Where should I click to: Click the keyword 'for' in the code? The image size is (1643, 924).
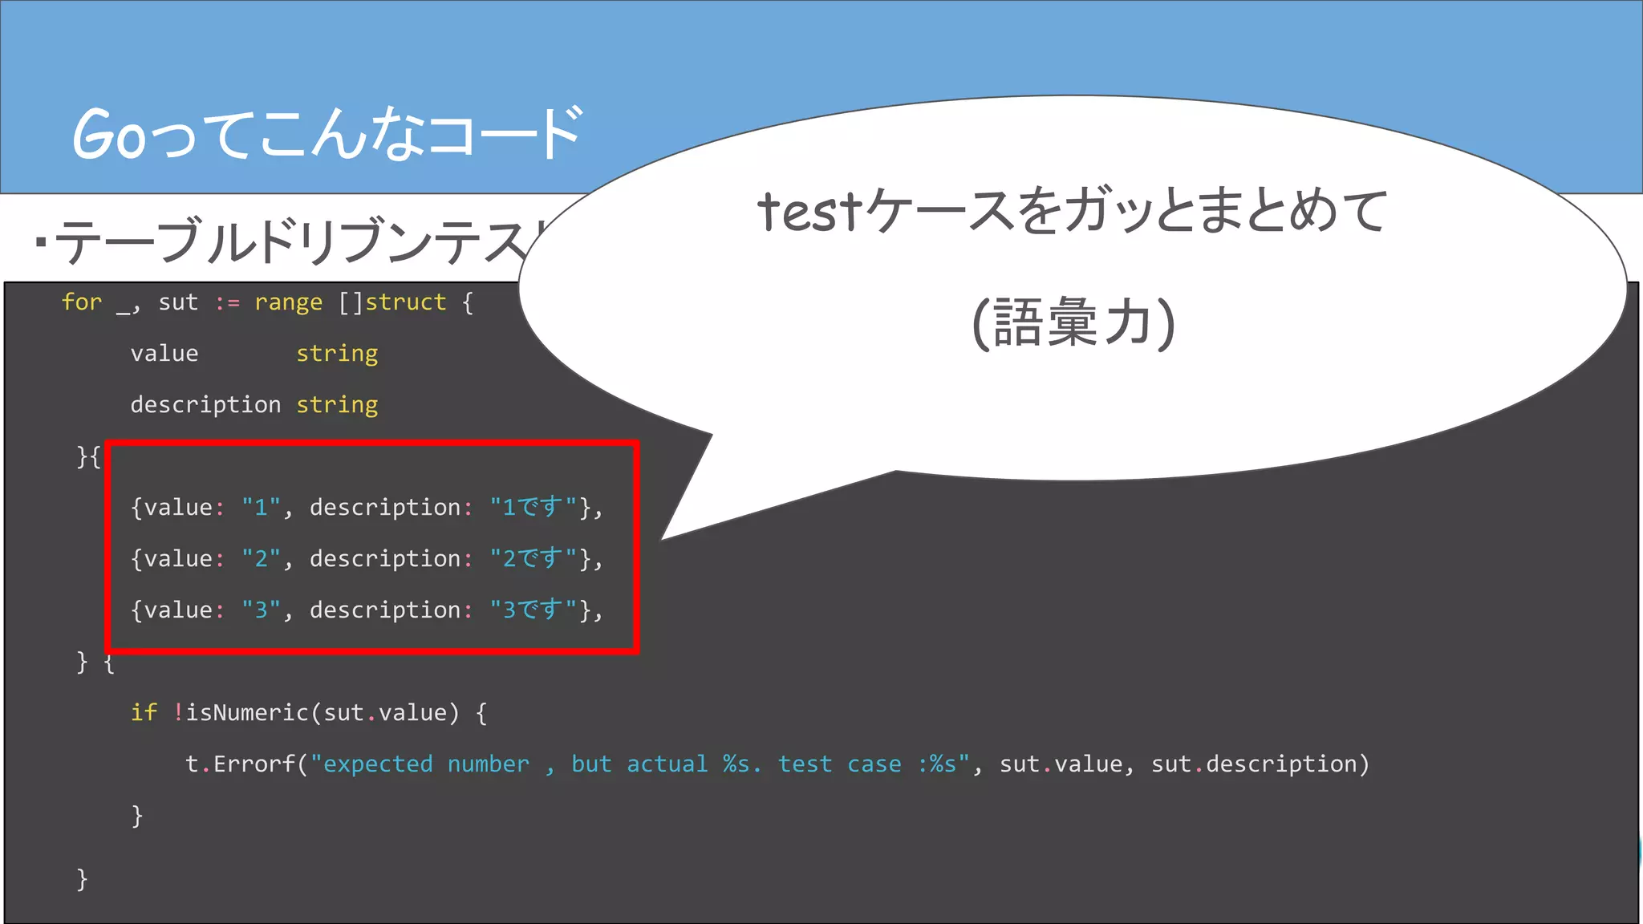coord(82,302)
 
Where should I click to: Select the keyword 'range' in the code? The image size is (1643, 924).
coord(288,302)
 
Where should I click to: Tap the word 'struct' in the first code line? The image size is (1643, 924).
coord(405,302)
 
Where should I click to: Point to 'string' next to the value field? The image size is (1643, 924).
coord(337,354)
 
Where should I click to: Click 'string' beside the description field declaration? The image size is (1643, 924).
coord(337,405)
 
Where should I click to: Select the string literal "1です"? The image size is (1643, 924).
coord(533,507)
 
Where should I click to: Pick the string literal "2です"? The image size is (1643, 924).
coord(533,558)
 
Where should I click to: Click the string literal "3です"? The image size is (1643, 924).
coord(533,610)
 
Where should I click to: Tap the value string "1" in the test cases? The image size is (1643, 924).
coord(261,507)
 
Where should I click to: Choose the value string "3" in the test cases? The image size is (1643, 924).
coord(261,610)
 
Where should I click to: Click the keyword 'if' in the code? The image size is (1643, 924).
coord(144,712)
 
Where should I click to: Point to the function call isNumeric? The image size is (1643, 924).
coord(247,712)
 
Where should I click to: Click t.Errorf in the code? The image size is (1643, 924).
coord(241,764)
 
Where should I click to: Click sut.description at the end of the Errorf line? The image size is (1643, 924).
coord(1260,764)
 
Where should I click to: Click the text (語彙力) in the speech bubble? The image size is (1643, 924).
coord(1073,322)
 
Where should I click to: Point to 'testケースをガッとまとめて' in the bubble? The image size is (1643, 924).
coord(1073,211)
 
